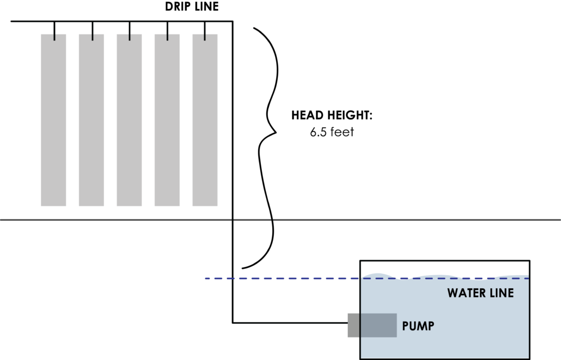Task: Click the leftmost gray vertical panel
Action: point(53,120)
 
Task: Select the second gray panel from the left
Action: point(91,120)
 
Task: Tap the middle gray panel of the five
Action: point(129,120)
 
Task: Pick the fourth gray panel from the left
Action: point(167,120)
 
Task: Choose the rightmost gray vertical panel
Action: point(205,120)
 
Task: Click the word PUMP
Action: point(418,327)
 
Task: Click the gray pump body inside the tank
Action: point(379,325)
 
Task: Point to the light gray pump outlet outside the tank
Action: point(353,325)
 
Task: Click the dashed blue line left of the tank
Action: point(274,278)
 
